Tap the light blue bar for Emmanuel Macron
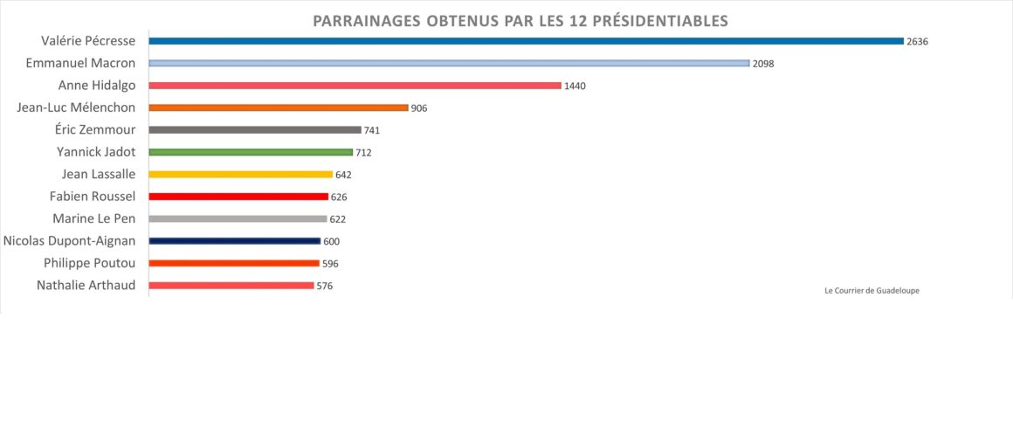[x=449, y=63]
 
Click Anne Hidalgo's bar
[x=355, y=86]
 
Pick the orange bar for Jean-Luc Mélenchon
[x=279, y=107]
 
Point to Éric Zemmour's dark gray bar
[x=255, y=129]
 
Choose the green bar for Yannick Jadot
[x=251, y=152]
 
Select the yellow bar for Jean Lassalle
[x=241, y=174]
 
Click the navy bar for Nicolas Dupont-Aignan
[x=235, y=241]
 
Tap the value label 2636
[x=917, y=41]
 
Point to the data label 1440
[x=575, y=86]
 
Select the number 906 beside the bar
[x=418, y=108]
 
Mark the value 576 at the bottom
[x=324, y=286]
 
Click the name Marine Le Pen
[x=93, y=218]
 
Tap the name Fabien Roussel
[x=93, y=197]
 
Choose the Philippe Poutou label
[x=90, y=263]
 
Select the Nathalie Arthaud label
[x=86, y=285]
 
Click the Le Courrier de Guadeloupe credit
[x=872, y=291]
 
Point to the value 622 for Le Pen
[x=338, y=219]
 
